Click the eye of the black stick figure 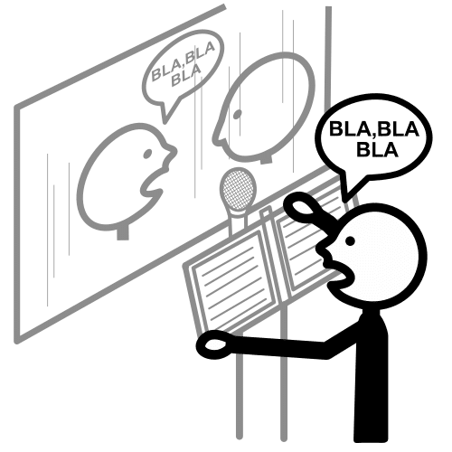pyautogui.click(x=350, y=240)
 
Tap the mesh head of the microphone pyautogui.click(x=238, y=189)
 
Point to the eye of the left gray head pyautogui.click(x=147, y=154)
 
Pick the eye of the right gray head pyautogui.click(x=238, y=114)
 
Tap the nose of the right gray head pyautogui.click(x=218, y=133)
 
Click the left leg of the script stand pyautogui.click(x=240, y=391)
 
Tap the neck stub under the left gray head pyautogui.click(x=123, y=232)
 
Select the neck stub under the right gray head pyautogui.click(x=266, y=160)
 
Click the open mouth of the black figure pyautogui.click(x=337, y=273)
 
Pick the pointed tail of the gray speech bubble pyautogui.click(x=165, y=120)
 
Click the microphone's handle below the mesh pyautogui.click(x=238, y=222)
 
